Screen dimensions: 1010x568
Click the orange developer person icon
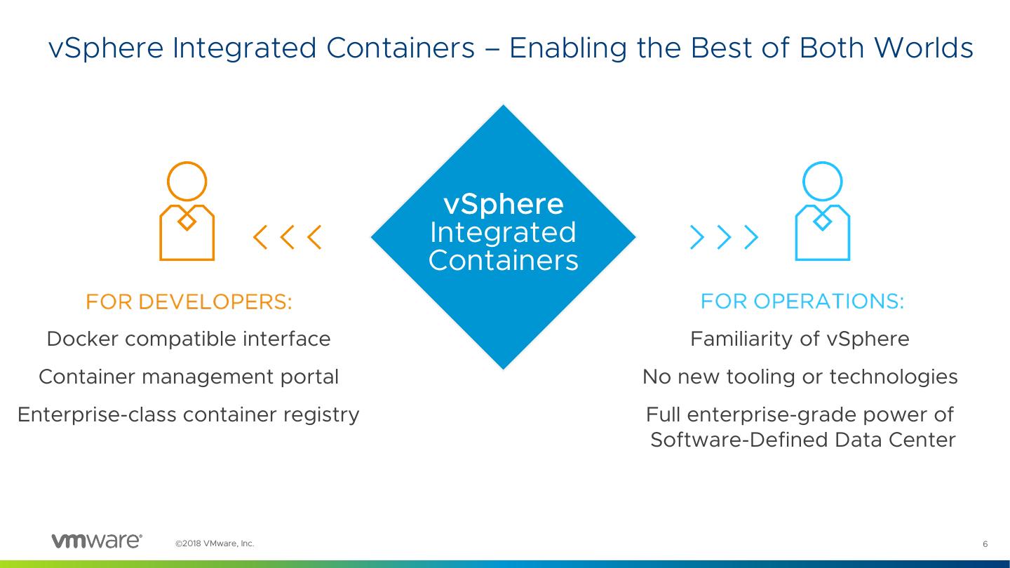click(187, 211)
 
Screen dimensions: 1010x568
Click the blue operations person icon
click(822, 211)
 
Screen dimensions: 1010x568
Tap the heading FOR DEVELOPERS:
click(188, 302)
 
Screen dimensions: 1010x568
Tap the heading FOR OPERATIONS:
click(802, 302)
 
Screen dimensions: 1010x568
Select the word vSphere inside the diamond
click(503, 205)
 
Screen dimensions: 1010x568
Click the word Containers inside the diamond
click(503, 261)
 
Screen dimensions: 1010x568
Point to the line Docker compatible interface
click(188, 339)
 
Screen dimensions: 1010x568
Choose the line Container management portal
click(188, 377)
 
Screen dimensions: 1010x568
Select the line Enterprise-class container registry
click(188, 415)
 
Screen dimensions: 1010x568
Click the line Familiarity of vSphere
click(800, 339)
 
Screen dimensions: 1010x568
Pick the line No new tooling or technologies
click(800, 377)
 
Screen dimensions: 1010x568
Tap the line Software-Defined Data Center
click(802, 440)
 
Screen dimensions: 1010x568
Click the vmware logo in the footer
click(97, 541)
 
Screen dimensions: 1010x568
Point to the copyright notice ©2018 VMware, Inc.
click(215, 543)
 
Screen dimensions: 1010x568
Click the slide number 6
click(985, 544)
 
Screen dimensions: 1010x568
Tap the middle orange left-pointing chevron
click(288, 238)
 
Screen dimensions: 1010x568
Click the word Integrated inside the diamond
click(503, 233)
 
